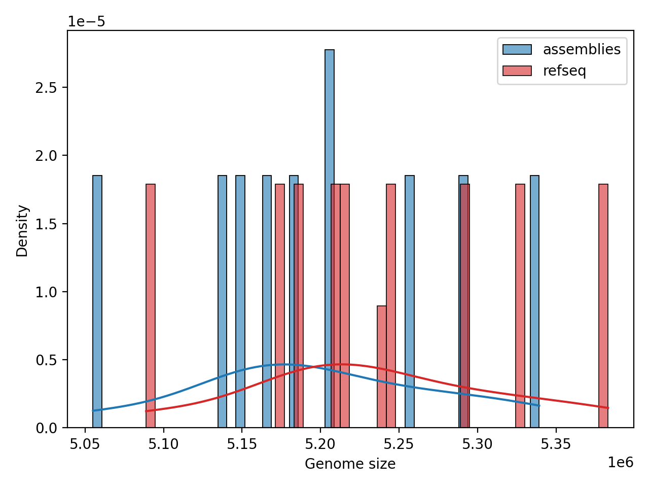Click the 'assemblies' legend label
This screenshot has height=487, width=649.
tap(582, 50)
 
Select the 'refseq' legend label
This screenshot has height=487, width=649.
tap(564, 71)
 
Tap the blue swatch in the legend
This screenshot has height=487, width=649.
tap(517, 50)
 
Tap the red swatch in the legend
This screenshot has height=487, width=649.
tap(517, 71)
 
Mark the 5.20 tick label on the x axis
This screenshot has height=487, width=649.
tap(320, 444)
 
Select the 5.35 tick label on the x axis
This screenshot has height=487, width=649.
tap(556, 444)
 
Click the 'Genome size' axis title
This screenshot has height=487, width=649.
tap(350, 464)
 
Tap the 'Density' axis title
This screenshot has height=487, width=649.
tap(22, 230)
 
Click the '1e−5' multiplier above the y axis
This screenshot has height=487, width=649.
tap(87, 22)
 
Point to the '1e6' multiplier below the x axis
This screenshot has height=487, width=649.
tap(620, 462)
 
